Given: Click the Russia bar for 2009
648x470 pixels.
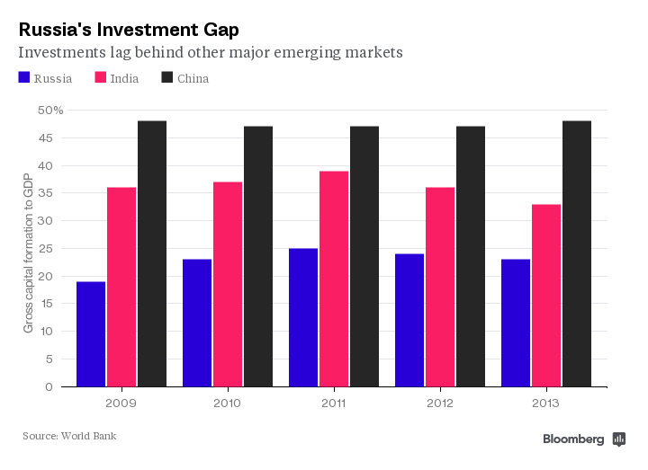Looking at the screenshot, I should click(91, 334).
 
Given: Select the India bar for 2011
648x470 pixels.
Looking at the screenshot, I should click(334, 279).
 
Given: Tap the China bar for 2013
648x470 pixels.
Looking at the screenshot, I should click(577, 253).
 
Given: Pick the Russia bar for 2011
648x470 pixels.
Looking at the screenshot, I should click(303, 317).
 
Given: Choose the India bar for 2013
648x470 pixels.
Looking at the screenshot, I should click(546, 296).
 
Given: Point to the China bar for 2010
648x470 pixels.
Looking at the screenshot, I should click(258, 256).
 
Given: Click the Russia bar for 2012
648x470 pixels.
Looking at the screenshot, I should click(409, 320).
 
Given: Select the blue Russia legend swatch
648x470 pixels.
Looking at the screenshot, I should click(24, 78).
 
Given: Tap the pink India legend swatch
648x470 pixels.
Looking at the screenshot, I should click(102, 78).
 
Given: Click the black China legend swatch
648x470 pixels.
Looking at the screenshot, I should click(167, 78).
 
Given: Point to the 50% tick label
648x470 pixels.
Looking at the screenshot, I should click(50, 111).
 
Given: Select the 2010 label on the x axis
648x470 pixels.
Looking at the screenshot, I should click(228, 403).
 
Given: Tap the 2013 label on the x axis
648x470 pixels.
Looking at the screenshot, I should click(546, 403).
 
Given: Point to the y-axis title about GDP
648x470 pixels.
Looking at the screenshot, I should click(28, 253).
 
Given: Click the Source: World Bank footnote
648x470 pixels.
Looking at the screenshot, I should click(69, 436).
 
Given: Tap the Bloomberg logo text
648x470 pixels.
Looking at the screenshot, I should click(573, 439).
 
